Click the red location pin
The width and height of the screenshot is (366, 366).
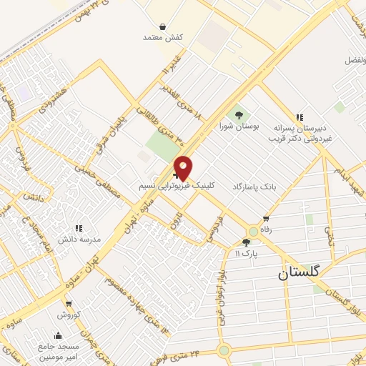(183, 167)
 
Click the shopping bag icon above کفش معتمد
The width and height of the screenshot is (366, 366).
(163, 26)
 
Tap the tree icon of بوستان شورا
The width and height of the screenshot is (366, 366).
(239, 114)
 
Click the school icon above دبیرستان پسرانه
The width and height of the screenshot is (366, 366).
(300, 117)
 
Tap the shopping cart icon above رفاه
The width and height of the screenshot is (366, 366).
(266, 219)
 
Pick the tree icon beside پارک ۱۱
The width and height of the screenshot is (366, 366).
(247, 243)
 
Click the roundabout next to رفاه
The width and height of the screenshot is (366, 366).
(253, 232)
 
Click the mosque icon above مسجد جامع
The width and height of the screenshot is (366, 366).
(58, 335)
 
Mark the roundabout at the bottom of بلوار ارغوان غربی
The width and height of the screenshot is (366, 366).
(224, 350)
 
